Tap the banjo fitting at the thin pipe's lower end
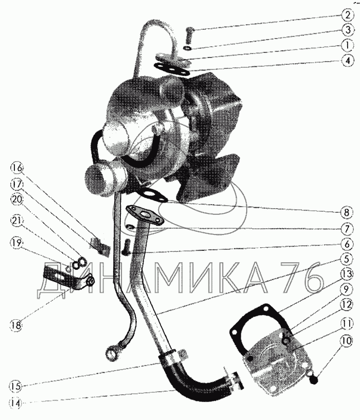(112, 353)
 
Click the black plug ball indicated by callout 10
(314, 381)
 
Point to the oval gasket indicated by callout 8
(149, 196)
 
